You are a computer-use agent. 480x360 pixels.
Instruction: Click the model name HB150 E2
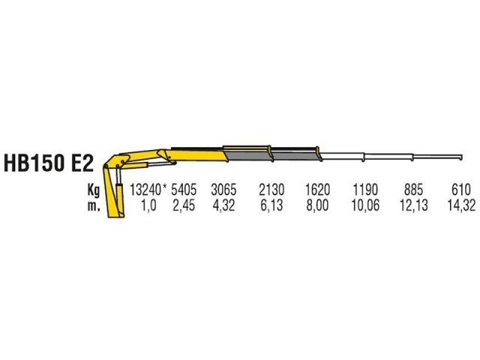click(x=48, y=163)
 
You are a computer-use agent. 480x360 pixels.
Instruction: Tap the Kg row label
click(x=94, y=190)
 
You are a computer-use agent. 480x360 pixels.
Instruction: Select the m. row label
click(x=94, y=205)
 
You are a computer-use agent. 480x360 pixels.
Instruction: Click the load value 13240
click(x=145, y=190)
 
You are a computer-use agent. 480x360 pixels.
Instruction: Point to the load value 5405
click(x=184, y=190)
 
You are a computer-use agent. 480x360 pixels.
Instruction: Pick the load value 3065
click(x=223, y=190)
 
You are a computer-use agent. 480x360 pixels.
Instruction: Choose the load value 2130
click(x=271, y=190)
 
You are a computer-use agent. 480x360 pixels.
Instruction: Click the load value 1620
click(x=318, y=190)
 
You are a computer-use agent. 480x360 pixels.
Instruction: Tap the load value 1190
click(x=365, y=190)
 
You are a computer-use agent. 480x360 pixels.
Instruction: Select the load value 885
click(x=413, y=190)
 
